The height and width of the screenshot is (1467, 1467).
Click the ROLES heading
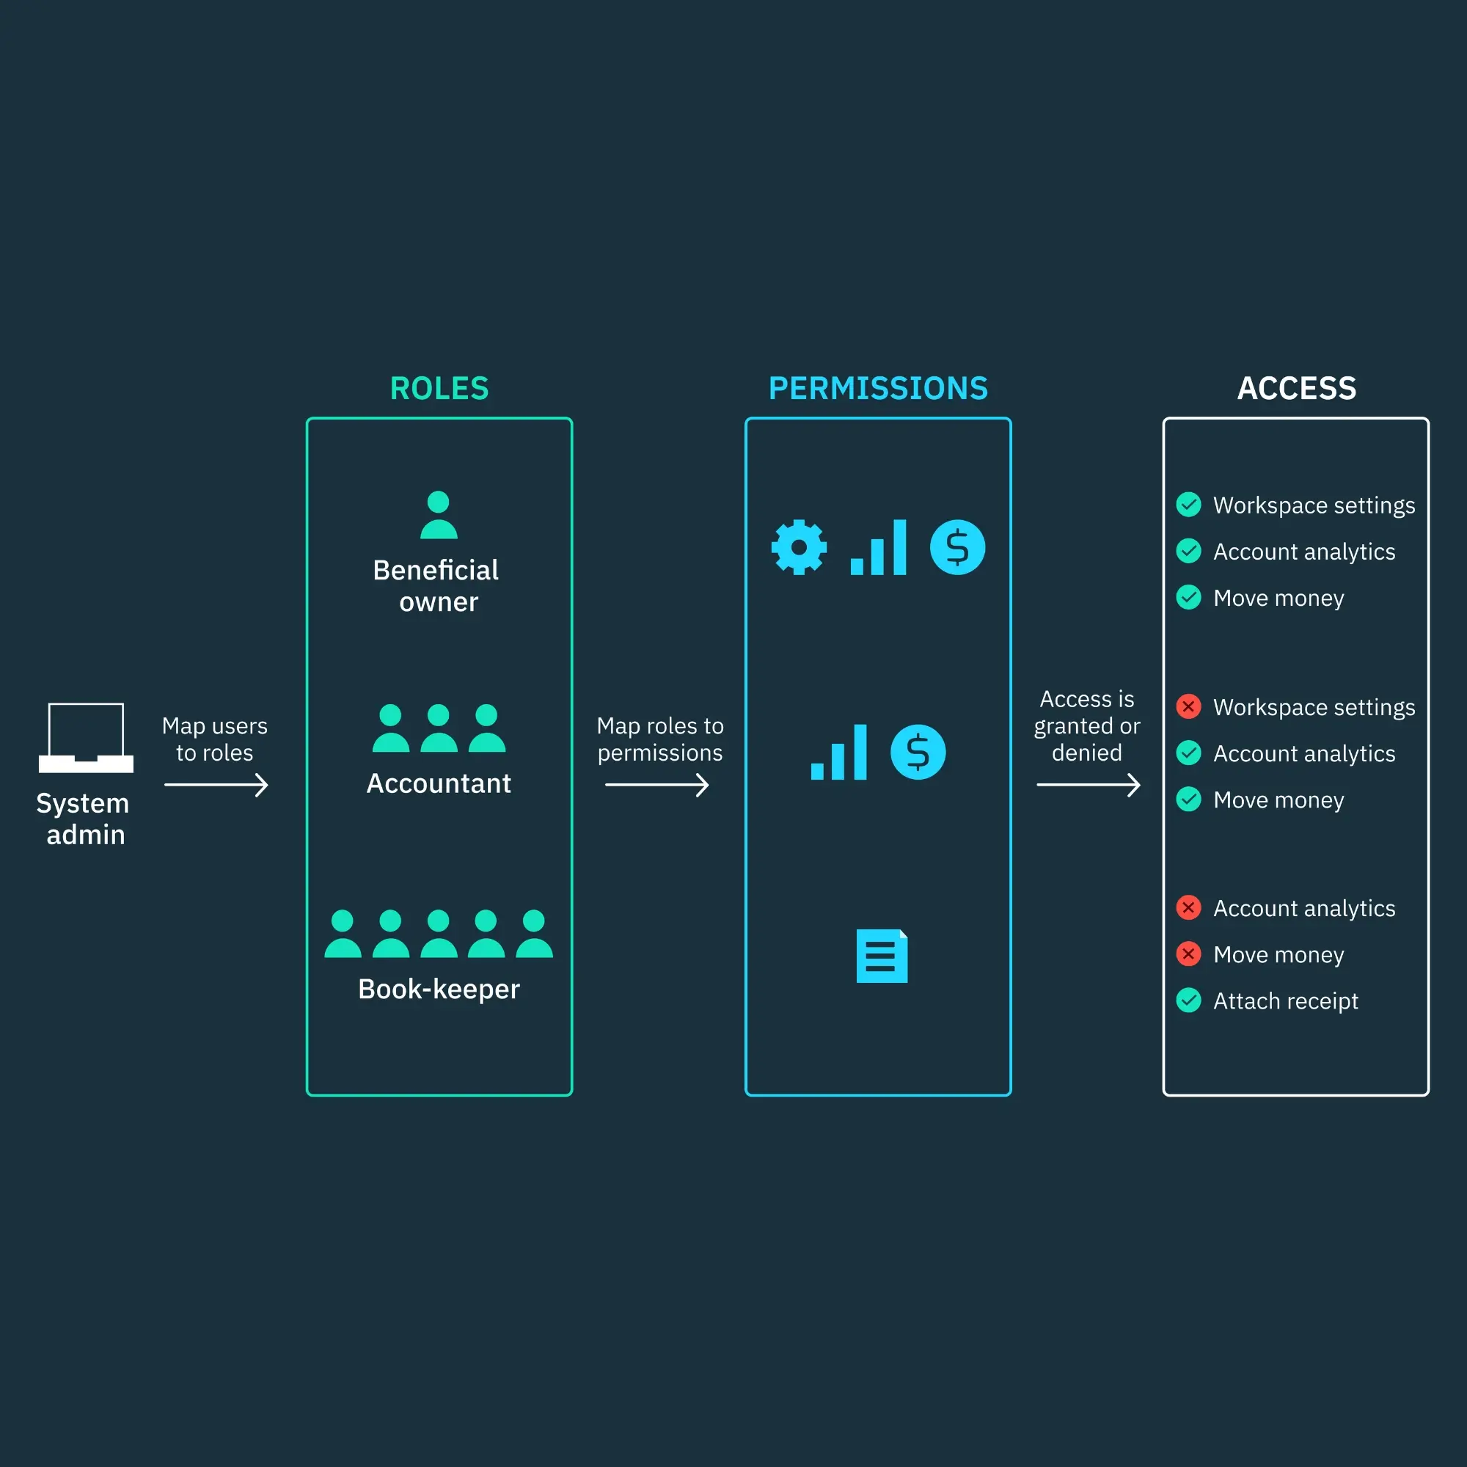pyautogui.click(x=439, y=388)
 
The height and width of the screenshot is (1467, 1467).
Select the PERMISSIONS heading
pyautogui.click(x=878, y=388)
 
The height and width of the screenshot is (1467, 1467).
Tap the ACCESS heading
pyautogui.click(x=1296, y=388)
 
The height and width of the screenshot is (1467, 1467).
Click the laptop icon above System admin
pyautogui.click(x=86, y=736)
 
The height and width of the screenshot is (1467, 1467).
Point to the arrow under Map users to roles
pyautogui.click(x=216, y=784)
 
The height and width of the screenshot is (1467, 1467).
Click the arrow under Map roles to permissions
pyautogui.click(x=656, y=784)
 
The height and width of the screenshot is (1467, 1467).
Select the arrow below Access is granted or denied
pyautogui.click(x=1088, y=784)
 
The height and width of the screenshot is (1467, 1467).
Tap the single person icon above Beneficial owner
pyautogui.click(x=438, y=515)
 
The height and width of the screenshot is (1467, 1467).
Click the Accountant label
pyautogui.click(x=438, y=783)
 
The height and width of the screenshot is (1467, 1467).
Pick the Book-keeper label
pyautogui.click(x=438, y=989)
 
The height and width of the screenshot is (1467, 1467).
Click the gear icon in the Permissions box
pyautogui.click(x=798, y=546)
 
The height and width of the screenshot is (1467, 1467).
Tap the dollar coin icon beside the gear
pyautogui.click(x=956, y=546)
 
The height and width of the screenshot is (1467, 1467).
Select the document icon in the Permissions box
pyautogui.click(x=881, y=955)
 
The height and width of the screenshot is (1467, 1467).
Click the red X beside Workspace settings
pyautogui.click(x=1188, y=706)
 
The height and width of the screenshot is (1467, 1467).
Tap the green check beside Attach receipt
pyautogui.click(x=1188, y=1000)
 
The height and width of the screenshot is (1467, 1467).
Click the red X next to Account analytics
pyautogui.click(x=1188, y=907)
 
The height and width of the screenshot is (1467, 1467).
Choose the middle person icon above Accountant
pyautogui.click(x=438, y=728)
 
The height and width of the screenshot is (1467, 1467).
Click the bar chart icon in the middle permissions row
pyautogui.click(x=838, y=752)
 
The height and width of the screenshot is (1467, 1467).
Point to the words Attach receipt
pyautogui.click(x=1285, y=1000)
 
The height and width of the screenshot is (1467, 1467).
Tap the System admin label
pyautogui.click(x=84, y=819)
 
